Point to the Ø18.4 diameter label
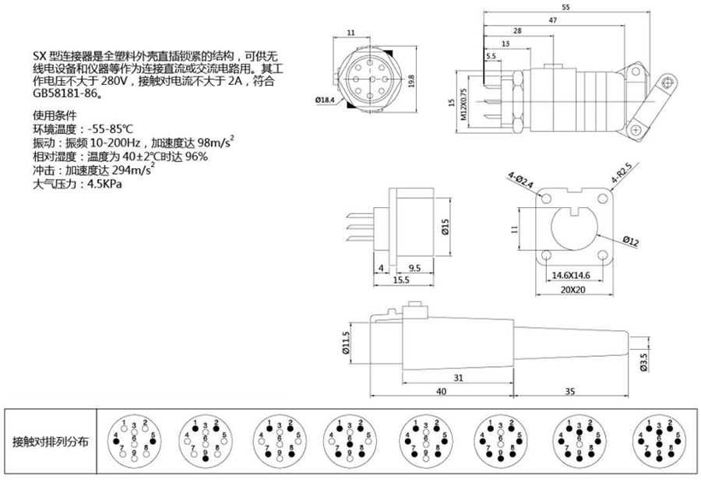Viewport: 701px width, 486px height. tap(325, 100)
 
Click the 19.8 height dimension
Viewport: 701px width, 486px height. tap(410, 79)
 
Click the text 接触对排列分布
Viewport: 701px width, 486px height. tap(51, 442)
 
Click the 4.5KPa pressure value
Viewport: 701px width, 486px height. tap(105, 185)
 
